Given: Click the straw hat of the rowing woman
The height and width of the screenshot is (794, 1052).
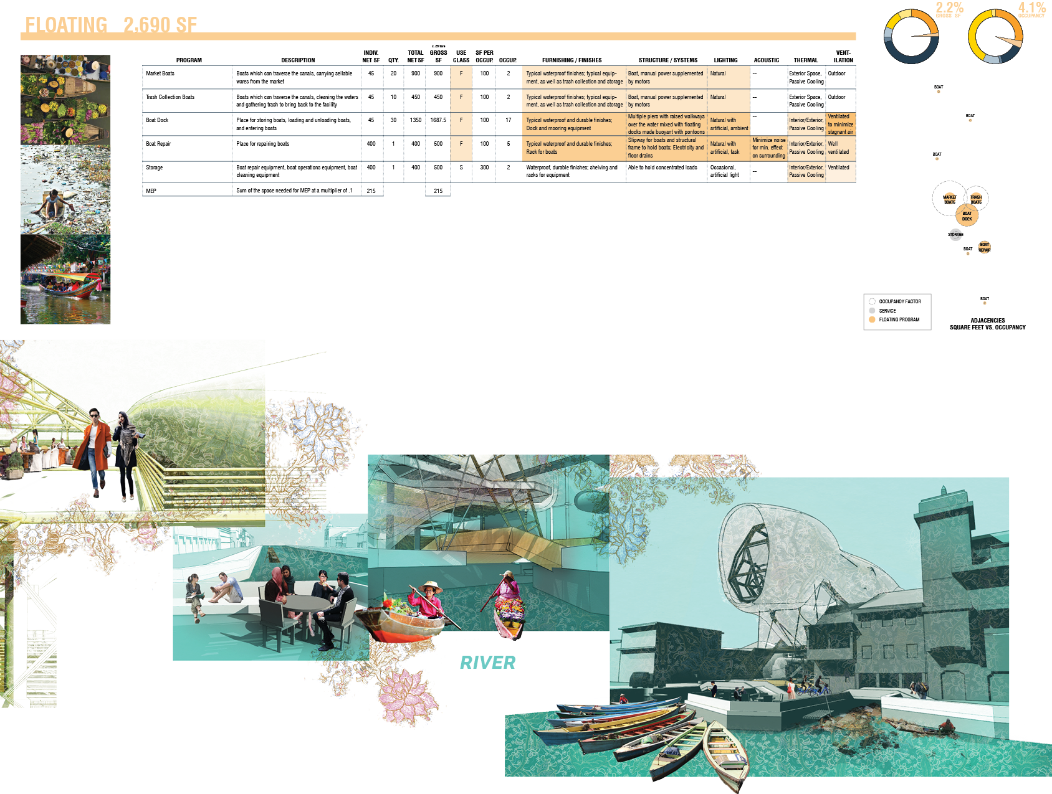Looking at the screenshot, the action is click(431, 586).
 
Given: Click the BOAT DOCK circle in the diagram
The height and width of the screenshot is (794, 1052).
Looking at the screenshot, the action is click(967, 216).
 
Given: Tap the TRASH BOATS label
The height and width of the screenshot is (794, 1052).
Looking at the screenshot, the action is click(976, 199).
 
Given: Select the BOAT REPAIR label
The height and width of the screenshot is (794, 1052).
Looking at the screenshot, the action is click(984, 247).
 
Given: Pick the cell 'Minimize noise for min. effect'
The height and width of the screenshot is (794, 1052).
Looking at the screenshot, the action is click(768, 148).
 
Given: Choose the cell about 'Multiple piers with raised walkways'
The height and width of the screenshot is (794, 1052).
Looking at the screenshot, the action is click(666, 124).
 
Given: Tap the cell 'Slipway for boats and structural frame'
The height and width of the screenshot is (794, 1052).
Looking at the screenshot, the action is click(666, 148).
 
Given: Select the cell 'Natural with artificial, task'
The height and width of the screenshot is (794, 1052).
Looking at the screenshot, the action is click(728, 148).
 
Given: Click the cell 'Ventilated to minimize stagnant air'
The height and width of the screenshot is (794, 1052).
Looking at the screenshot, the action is click(840, 124).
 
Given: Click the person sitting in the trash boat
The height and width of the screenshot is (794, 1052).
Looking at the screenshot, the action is click(947, 725).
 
